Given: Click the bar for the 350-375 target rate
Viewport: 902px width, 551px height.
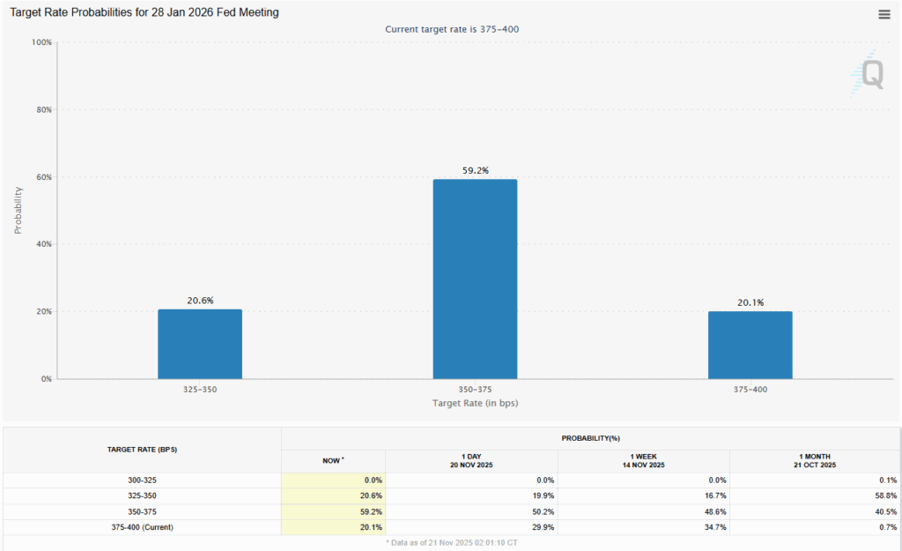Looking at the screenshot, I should pyautogui.click(x=475, y=279).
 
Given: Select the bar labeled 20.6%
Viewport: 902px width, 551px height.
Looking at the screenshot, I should pyautogui.click(x=200, y=344).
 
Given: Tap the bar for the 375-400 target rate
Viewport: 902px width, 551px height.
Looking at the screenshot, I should pyautogui.click(x=750, y=345).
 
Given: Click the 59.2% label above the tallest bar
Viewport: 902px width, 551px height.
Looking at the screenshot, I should pyautogui.click(x=475, y=171).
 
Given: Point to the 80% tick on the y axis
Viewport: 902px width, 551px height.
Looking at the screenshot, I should pyautogui.click(x=42, y=110).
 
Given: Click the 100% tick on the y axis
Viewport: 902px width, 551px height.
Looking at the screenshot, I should pyautogui.click(x=41, y=42).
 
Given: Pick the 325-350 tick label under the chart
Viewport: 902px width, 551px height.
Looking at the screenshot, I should pyautogui.click(x=200, y=389).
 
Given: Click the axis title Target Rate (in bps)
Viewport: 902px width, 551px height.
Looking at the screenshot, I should pyautogui.click(x=475, y=402).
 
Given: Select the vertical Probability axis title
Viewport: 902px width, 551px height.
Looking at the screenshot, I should pyautogui.click(x=18, y=210).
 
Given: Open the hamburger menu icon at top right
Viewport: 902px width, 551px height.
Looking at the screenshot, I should pyautogui.click(x=884, y=14).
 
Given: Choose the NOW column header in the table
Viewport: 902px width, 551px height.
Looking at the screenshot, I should pyautogui.click(x=331, y=459).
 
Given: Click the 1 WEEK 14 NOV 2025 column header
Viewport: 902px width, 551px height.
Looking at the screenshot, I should pyautogui.click(x=643, y=459).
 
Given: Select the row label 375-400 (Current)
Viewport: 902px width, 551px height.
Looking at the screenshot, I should pyautogui.click(x=142, y=527).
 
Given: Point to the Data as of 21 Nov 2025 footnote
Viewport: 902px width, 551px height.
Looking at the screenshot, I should pyautogui.click(x=450, y=541).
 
